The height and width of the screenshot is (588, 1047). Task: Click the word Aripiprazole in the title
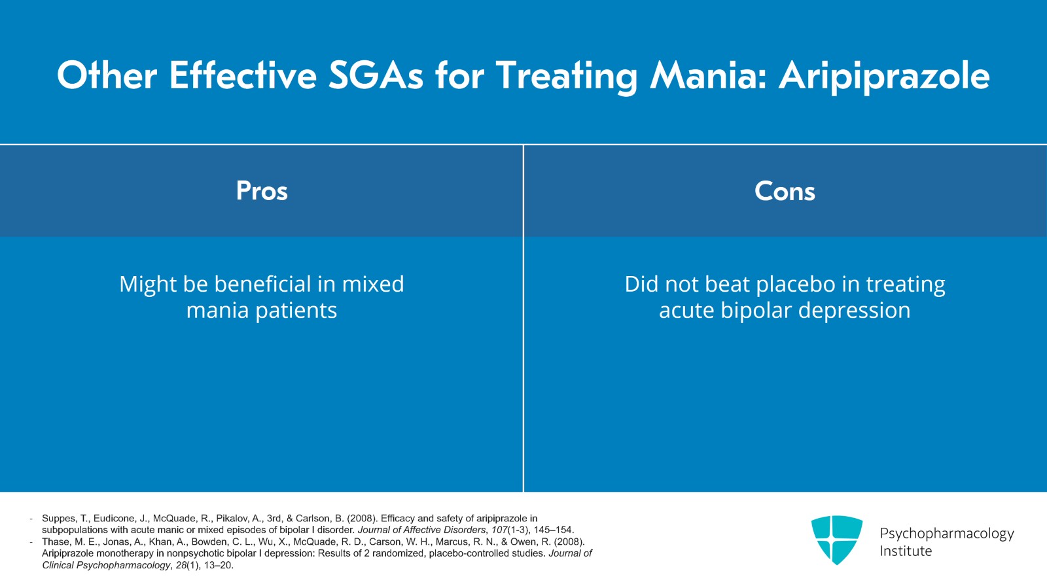(883, 76)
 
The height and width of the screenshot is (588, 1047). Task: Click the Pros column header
(262, 191)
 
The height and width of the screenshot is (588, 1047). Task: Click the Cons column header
(785, 191)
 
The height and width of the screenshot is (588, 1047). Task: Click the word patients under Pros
(296, 311)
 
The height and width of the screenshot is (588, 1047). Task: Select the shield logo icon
(836, 540)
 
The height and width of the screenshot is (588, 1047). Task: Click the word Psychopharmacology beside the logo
(946, 534)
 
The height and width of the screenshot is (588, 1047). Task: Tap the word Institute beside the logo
(906, 551)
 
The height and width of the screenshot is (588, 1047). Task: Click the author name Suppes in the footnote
(59, 519)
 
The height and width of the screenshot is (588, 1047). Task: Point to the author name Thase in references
(56, 542)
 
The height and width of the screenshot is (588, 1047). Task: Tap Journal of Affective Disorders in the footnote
(421, 530)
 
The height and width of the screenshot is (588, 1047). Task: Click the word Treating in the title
(566, 76)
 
